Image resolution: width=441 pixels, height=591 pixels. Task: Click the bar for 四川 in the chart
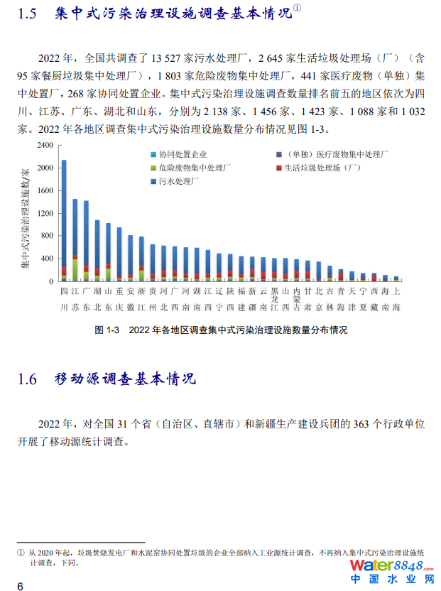tap(64, 220)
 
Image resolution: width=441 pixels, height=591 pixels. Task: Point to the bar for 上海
tap(396, 278)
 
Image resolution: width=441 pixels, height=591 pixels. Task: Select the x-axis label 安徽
tap(131, 299)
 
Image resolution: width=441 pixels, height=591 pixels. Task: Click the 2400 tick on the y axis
tap(45, 145)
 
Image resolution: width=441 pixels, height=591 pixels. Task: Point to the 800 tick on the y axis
tap(47, 236)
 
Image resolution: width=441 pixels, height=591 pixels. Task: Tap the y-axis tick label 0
tap(51, 281)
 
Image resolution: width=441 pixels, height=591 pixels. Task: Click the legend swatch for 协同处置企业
tap(153, 154)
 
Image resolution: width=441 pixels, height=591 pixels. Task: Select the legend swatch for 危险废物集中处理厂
tap(153, 168)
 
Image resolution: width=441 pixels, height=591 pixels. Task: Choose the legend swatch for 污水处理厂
tap(153, 182)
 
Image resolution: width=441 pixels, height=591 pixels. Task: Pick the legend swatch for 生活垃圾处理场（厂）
tap(278, 168)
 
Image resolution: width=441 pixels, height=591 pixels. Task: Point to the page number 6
tap(20, 585)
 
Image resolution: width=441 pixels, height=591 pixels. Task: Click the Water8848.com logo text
tap(391, 566)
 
